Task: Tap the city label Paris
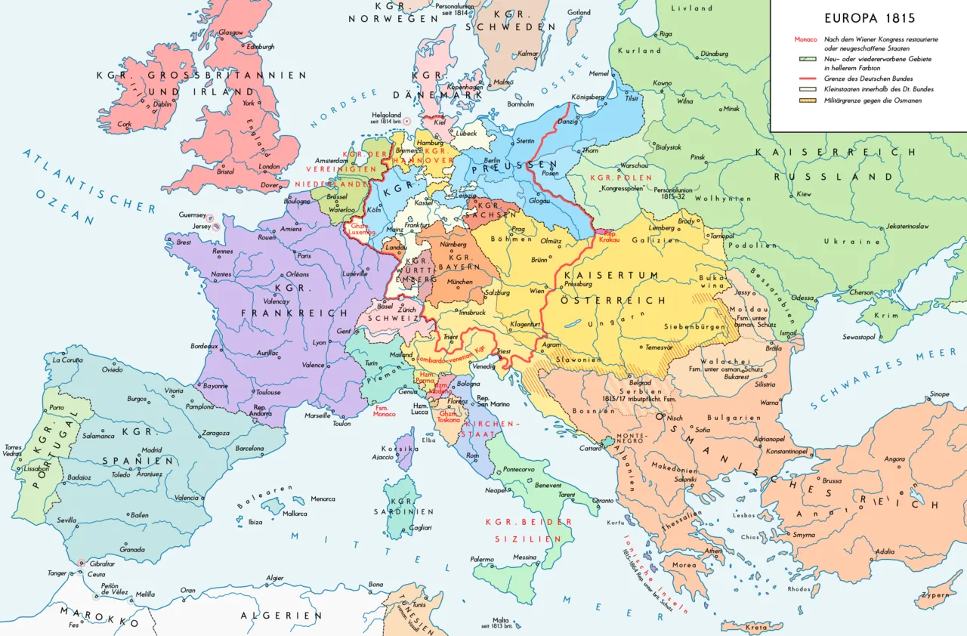(304, 255)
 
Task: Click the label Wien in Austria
(536, 291)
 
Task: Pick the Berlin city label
(493, 161)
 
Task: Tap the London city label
(269, 167)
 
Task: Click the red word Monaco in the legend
(805, 39)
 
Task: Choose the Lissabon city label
(36, 468)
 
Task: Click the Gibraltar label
(101, 563)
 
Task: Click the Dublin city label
(162, 104)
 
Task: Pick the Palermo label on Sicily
(482, 560)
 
